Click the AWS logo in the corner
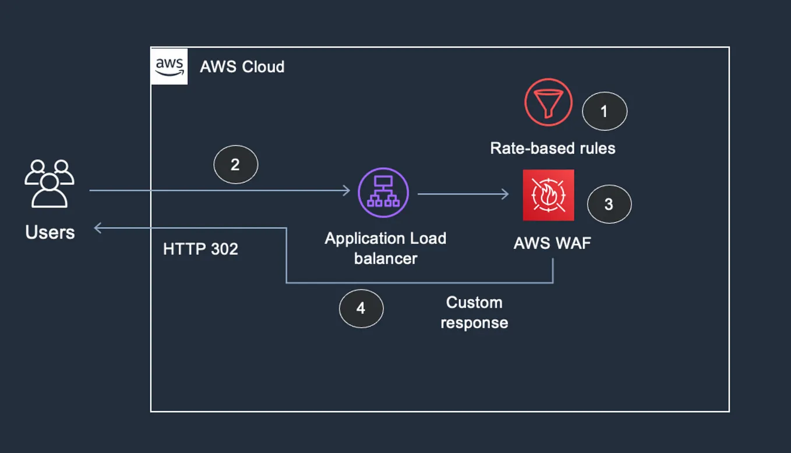click(x=169, y=66)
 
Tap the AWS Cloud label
click(x=242, y=67)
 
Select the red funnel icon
click(x=548, y=102)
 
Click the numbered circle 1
click(x=604, y=111)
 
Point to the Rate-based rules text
click(x=552, y=148)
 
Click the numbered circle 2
click(x=235, y=165)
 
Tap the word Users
click(x=50, y=232)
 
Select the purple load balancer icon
click(x=383, y=193)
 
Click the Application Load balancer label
click(x=386, y=248)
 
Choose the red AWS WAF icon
click(x=548, y=195)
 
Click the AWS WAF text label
click(x=552, y=243)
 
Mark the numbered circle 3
click(x=609, y=204)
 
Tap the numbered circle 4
click(x=361, y=308)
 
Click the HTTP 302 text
click(x=200, y=249)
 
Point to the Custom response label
click(x=474, y=313)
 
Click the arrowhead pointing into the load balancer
click(x=346, y=190)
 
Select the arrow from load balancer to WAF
click(x=463, y=194)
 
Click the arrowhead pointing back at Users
click(x=98, y=228)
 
